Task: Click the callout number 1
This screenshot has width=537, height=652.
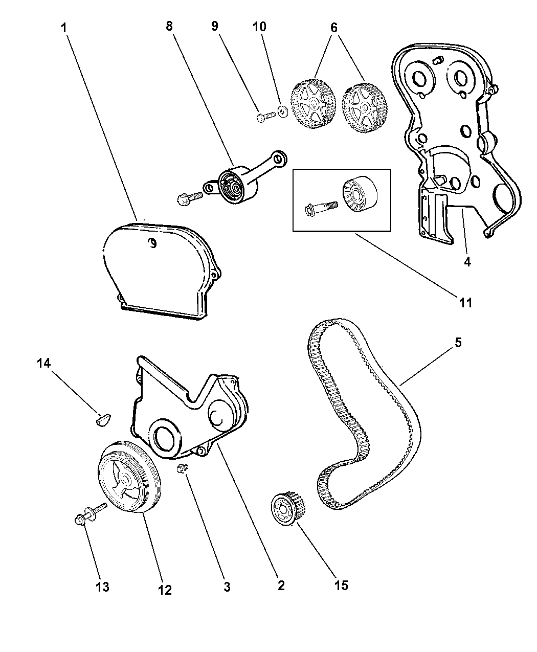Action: tap(64, 28)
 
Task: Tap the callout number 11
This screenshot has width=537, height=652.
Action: tap(465, 303)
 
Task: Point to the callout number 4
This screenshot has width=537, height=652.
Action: tap(467, 262)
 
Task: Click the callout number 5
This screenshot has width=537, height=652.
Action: tap(458, 343)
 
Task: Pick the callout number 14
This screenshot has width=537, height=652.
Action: tap(44, 364)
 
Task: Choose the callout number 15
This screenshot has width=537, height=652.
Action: tap(341, 585)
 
